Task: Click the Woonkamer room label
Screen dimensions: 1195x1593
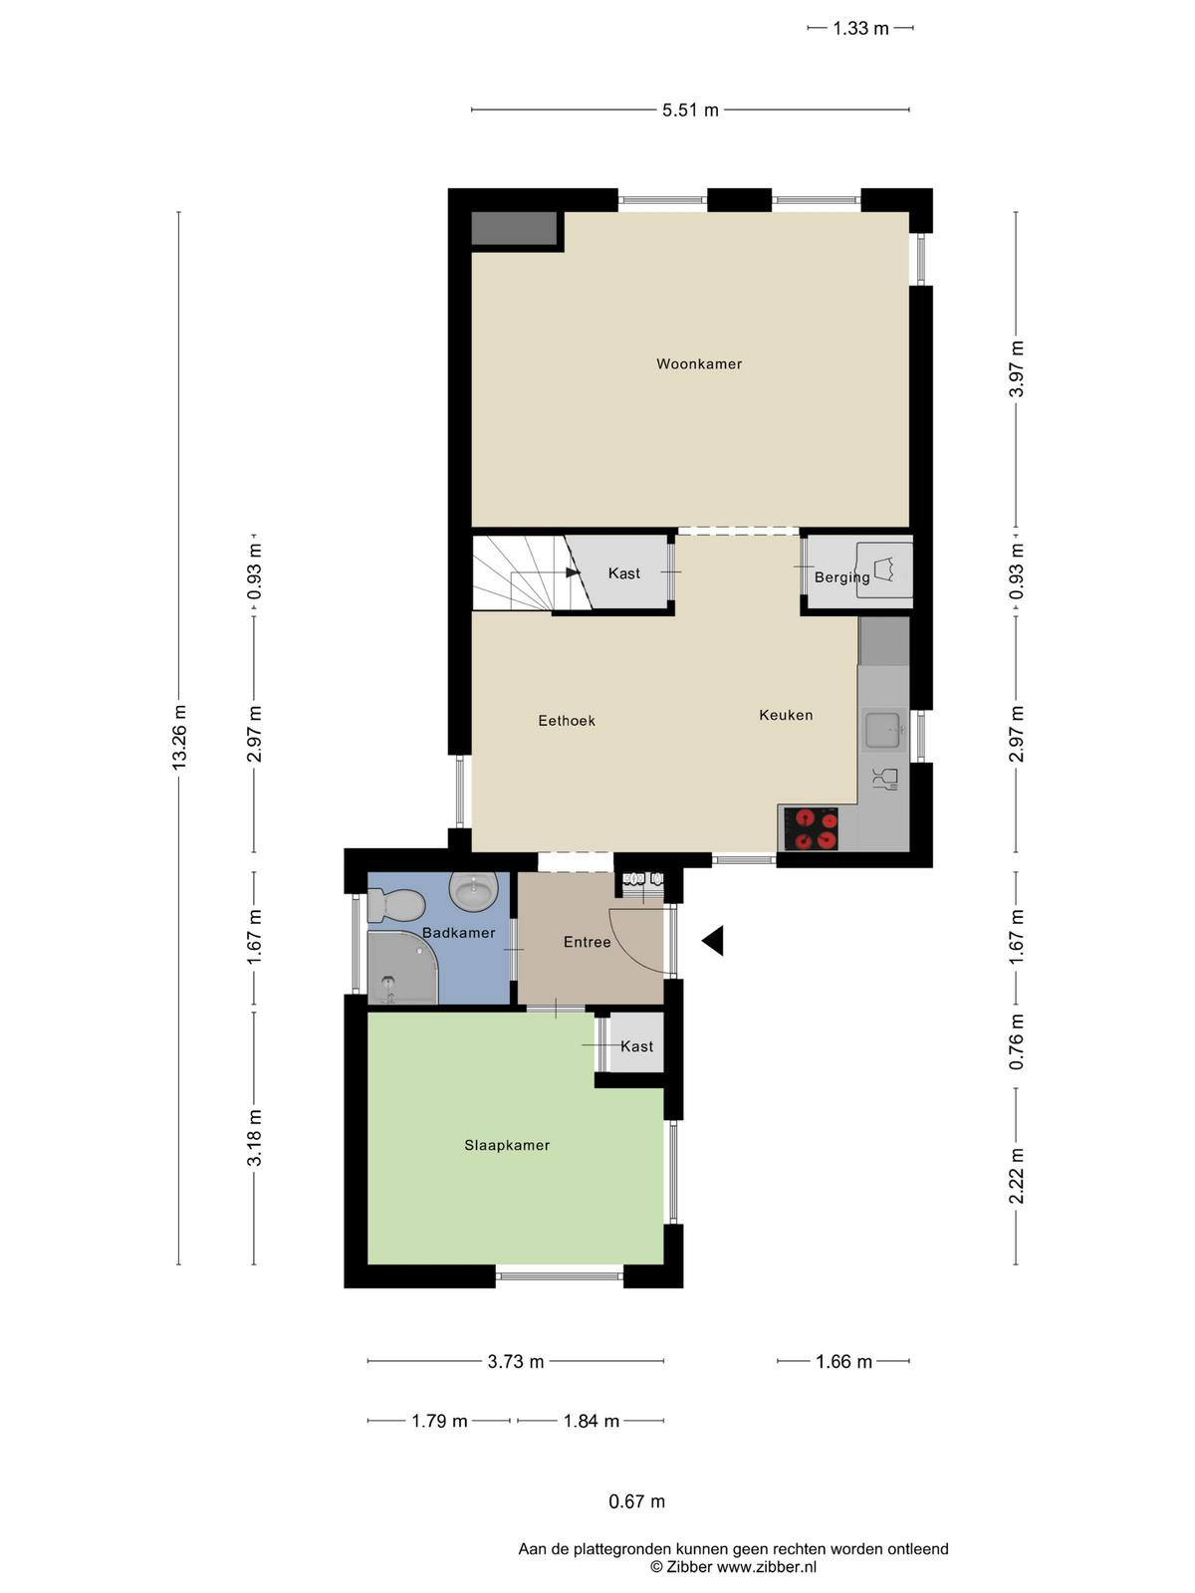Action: (699, 363)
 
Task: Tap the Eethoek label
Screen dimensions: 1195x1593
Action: (567, 721)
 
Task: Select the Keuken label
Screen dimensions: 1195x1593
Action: (786, 715)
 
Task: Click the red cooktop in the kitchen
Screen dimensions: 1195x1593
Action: (811, 828)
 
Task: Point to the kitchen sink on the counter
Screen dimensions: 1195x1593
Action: (884, 730)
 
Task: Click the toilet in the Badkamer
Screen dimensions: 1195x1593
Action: (395, 905)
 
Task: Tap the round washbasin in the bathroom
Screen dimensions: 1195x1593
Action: (474, 890)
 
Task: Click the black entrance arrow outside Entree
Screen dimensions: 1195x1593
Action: (712, 941)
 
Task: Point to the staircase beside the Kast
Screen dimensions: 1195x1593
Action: (531, 572)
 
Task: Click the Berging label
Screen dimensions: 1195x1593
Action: (841, 577)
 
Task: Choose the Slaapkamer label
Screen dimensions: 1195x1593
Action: (507, 1145)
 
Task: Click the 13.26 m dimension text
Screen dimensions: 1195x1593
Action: (178, 738)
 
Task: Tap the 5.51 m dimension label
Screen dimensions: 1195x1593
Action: (690, 111)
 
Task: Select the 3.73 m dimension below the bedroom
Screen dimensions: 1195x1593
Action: (515, 1361)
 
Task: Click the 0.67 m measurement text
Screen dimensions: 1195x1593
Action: (636, 1501)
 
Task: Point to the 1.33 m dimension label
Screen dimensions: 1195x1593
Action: (860, 28)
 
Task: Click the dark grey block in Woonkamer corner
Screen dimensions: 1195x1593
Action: (515, 229)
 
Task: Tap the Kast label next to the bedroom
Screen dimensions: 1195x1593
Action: (637, 1046)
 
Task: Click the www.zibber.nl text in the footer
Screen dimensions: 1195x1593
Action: (766, 1567)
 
